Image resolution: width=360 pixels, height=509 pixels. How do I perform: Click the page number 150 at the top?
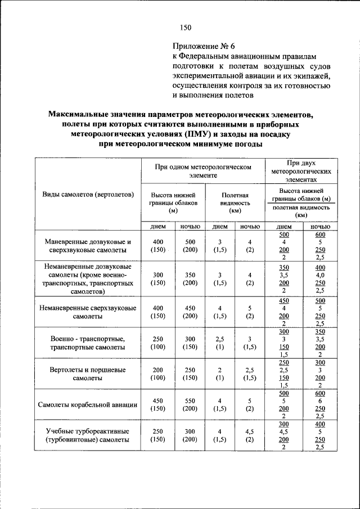[186, 28]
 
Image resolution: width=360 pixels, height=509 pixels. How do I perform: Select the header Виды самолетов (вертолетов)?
[88, 195]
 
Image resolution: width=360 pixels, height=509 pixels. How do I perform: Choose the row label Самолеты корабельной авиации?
[88, 404]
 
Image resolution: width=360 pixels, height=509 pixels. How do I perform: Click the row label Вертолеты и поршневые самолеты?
[88, 374]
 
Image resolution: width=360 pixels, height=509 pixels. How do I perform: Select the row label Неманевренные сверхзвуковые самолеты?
[88, 312]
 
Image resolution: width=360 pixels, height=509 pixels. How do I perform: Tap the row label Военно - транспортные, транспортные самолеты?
[88, 343]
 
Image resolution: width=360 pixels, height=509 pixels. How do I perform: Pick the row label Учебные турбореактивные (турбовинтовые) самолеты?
[88, 435]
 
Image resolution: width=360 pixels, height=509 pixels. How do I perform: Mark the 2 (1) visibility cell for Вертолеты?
[219, 374]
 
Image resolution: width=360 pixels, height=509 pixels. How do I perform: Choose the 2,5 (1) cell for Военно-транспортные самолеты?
[219, 343]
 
